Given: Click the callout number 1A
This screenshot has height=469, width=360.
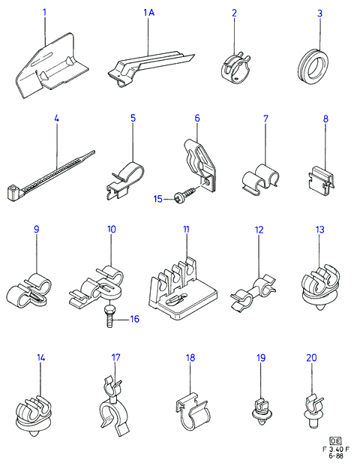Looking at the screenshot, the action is [148, 13].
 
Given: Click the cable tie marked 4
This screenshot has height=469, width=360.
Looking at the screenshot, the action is [49, 176].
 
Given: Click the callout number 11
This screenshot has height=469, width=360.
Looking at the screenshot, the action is [186, 230].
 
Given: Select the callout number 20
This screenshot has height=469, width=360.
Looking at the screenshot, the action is [311, 357].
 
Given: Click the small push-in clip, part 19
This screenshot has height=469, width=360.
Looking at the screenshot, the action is [262, 411].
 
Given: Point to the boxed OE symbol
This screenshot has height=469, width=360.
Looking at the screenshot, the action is [335, 440].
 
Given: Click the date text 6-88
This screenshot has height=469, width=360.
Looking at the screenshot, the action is [336, 455].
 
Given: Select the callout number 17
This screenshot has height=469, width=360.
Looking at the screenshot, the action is [115, 357].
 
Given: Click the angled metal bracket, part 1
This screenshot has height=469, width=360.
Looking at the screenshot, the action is [52, 65].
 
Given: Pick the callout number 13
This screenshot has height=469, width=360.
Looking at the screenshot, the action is [319, 230].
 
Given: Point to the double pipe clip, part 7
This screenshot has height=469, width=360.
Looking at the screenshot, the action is [260, 180].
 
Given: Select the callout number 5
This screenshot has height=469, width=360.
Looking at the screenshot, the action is [133, 118].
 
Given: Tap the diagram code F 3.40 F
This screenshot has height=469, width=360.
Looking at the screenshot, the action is [336, 449].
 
